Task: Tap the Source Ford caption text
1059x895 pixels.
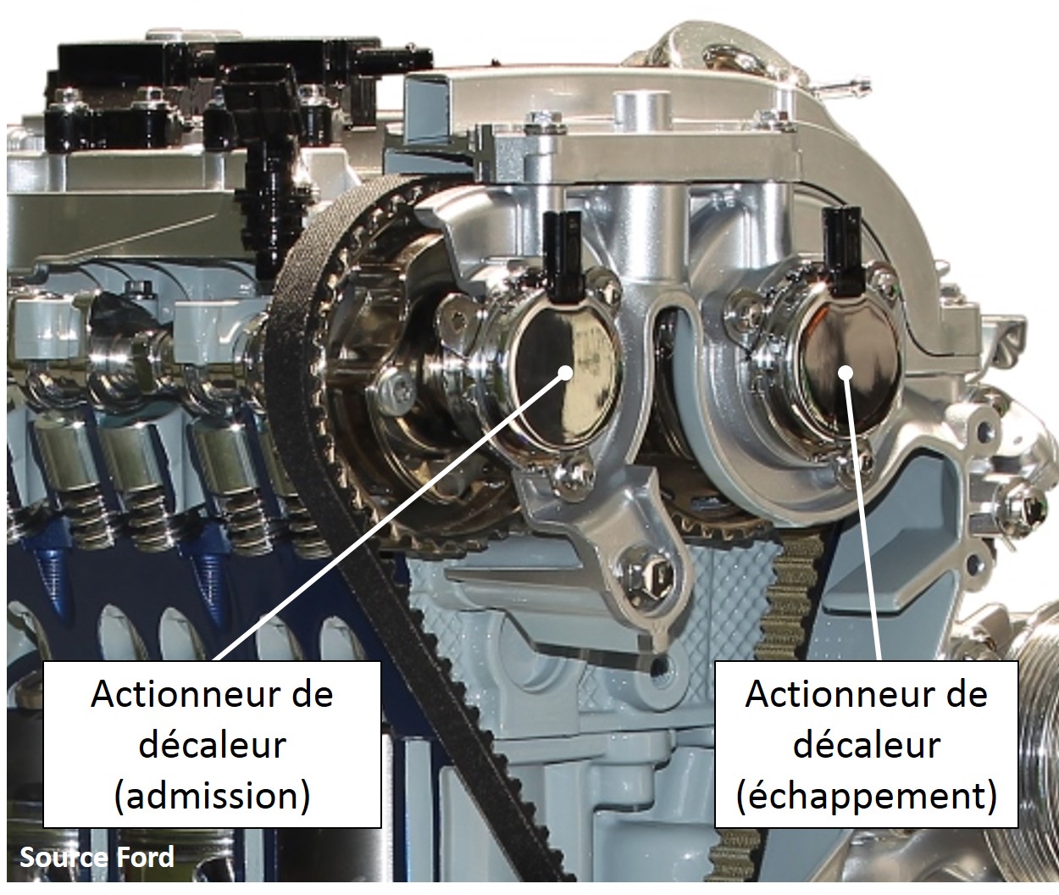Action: point(97,857)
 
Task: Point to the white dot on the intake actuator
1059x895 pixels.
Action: point(565,373)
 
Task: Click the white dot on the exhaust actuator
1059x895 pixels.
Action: point(846,373)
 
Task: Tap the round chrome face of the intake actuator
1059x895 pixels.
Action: point(567,378)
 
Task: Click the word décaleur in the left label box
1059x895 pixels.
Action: point(213,744)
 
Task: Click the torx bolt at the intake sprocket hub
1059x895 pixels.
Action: point(397,385)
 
